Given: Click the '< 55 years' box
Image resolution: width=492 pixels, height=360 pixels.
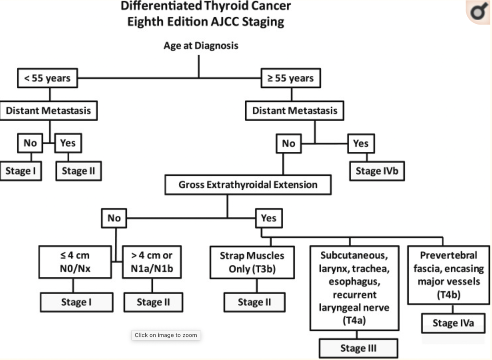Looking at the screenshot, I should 47,78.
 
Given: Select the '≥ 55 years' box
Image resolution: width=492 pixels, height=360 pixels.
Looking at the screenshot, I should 290,78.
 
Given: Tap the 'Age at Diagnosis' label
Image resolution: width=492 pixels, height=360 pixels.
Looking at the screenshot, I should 201,46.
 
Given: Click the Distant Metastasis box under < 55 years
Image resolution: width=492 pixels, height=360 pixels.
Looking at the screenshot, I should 48,111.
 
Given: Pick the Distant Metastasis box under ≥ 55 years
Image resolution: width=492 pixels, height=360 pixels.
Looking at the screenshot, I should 295,111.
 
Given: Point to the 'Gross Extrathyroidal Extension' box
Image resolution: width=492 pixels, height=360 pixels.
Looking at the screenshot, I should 248,185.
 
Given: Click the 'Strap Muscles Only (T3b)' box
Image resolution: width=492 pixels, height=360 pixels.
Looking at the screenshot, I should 252,262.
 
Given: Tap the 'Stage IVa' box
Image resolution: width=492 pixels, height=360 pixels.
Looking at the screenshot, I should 453,323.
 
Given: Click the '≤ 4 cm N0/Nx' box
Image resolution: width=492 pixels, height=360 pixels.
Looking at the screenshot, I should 73,262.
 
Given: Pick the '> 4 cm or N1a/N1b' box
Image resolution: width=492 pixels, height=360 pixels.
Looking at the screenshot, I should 152,262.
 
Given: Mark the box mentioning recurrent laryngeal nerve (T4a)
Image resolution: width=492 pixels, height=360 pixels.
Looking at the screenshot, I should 353,287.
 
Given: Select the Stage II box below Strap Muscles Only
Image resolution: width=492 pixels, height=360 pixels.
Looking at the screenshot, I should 254,302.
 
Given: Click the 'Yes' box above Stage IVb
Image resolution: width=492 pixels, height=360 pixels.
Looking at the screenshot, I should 361,143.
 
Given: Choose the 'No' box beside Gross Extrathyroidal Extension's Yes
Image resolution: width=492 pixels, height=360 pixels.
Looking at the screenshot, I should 114,218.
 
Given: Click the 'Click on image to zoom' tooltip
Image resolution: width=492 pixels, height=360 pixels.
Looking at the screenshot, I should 166,335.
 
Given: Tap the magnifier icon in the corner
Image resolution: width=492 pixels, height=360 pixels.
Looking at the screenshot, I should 479,12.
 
